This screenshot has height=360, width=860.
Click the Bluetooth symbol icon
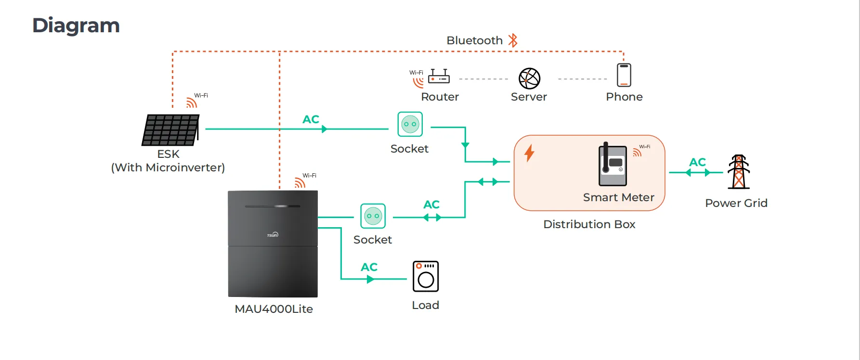tap(513, 40)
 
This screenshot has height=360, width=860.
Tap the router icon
tap(439, 77)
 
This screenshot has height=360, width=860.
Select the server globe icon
tap(529, 78)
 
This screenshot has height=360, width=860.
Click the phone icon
tap(624, 75)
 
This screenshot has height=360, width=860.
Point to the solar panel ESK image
tap(171, 130)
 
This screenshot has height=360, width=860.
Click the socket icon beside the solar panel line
tap(410, 124)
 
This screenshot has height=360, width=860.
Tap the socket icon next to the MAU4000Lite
tap(373, 216)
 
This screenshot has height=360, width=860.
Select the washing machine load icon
tap(426, 276)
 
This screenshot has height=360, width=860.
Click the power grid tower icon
tap(739, 172)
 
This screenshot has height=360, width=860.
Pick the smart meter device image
tap(612, 165)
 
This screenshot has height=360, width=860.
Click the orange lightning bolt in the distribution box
tap(529, 153)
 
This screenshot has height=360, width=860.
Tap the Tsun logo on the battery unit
tap(273, 235)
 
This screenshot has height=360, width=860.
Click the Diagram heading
tap(76, 26)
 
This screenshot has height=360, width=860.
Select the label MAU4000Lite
tap(274, 309)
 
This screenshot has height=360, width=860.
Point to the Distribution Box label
tap(589, 224)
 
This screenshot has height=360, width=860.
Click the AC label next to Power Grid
tap(697, 162)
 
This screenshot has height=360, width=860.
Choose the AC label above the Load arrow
tap(369, 267)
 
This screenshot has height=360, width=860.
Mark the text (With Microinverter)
tap(168, 167)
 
